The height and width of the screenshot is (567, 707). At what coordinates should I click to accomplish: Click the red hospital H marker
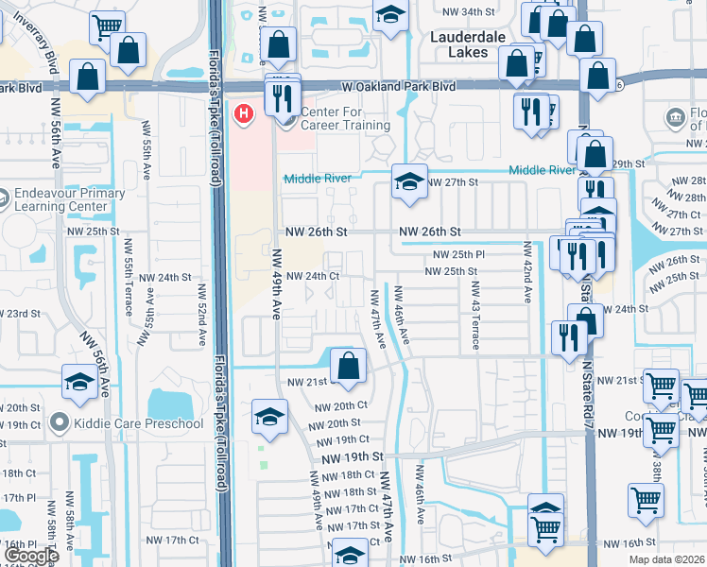244,115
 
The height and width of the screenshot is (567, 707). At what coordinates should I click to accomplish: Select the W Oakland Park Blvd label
398,86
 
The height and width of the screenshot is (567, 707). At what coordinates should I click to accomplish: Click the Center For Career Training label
345,118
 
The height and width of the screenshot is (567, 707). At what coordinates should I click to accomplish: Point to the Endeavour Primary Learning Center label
69,199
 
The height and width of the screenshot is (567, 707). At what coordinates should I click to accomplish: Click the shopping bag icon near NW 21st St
348,365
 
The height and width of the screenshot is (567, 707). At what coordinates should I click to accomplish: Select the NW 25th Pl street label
458,254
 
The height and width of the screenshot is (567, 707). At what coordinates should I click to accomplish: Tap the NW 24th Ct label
313,276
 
